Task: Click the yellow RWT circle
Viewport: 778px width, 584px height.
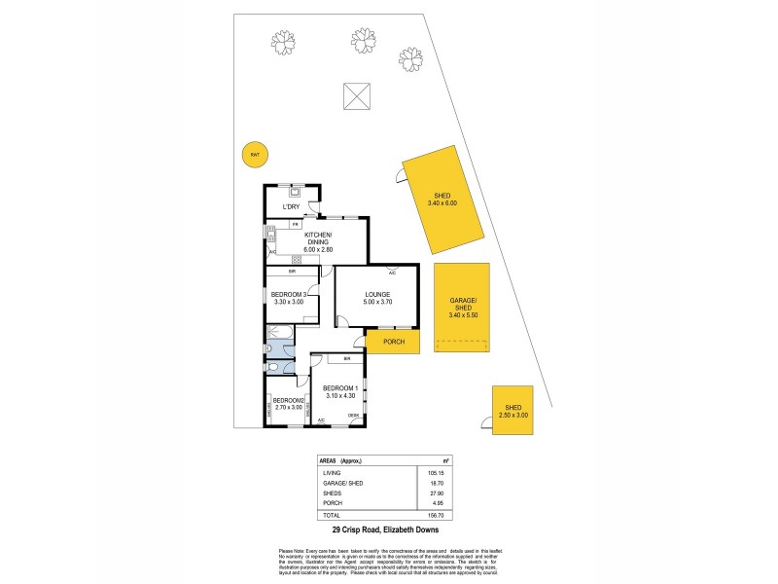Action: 255,154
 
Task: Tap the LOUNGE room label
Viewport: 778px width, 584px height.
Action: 377,295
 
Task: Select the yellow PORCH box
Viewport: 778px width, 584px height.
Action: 393,342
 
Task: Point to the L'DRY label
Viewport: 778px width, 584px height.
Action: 290,207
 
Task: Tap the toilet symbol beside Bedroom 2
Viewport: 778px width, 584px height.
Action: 274,367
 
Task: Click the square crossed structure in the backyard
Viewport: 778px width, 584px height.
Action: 356,97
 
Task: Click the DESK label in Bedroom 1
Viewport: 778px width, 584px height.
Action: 354,416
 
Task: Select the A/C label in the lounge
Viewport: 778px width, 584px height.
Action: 391,274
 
